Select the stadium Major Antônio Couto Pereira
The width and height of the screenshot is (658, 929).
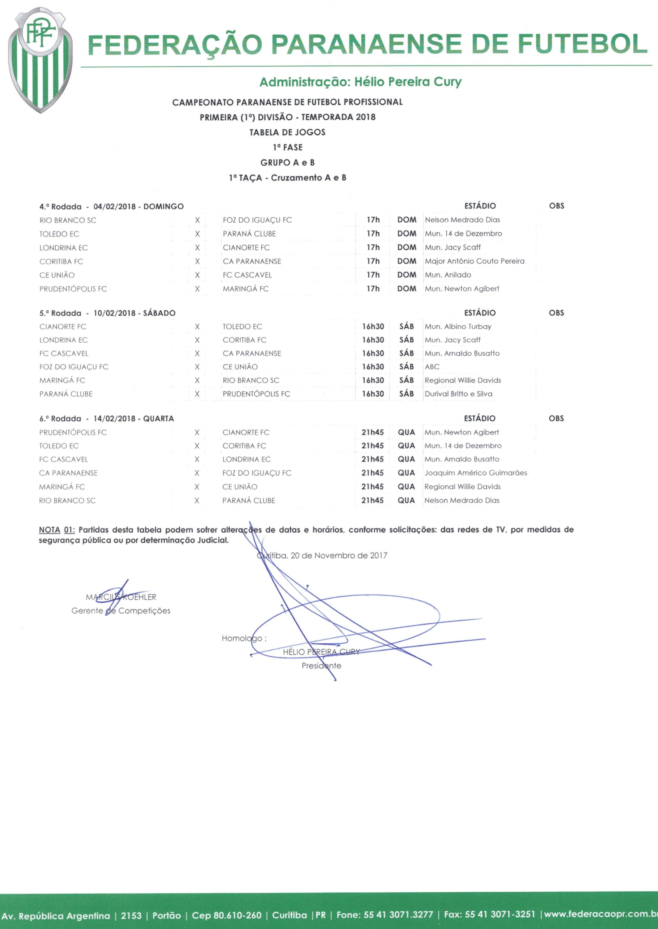click(474, 261)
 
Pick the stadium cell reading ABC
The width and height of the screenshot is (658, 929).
click(432, 367)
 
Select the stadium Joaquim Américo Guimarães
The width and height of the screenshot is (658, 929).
click(476, 473)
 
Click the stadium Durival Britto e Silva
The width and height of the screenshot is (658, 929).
click(458, 394)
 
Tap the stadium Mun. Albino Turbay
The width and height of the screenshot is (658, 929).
click(458, 326)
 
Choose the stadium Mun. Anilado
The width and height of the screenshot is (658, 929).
click(448, 275)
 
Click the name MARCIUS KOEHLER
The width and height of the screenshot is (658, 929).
click(121, 597)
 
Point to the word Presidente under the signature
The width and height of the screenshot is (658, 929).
click(321, 666)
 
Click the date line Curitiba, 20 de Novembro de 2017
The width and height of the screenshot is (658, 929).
click(322, 556)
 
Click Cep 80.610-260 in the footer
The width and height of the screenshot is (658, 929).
click(226, 915)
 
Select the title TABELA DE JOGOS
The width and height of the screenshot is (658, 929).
click(287, 132)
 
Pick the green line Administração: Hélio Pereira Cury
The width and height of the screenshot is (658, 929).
click(360, 82)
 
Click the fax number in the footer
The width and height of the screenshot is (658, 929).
click(489, 915)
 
